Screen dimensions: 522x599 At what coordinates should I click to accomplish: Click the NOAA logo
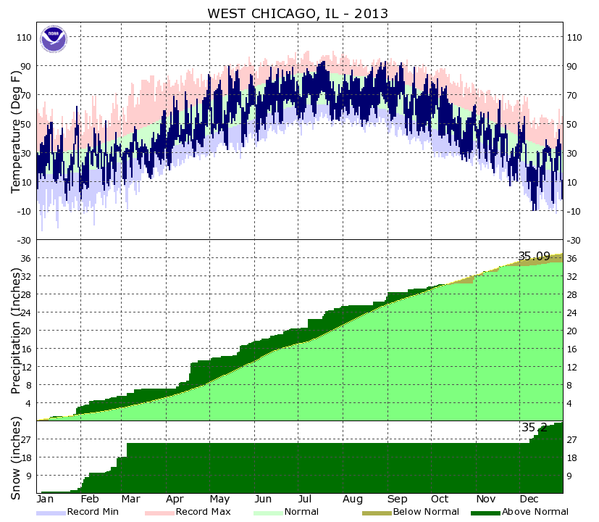click(53, 39)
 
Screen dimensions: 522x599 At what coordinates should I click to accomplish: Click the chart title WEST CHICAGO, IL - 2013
click(298, 14)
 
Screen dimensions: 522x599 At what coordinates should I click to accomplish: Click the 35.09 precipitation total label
click(534, 256)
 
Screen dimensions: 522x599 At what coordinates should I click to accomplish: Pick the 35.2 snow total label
click(535, 428)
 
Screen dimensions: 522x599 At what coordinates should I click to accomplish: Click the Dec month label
click(527, 500)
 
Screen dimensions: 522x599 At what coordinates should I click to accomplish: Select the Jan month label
click(46, 500)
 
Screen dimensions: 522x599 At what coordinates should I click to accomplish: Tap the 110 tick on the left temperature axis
click(24, 37)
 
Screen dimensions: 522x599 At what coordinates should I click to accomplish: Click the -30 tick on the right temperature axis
click(574, 240)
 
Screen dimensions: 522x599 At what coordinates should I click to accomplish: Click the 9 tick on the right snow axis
click(571, 476)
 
